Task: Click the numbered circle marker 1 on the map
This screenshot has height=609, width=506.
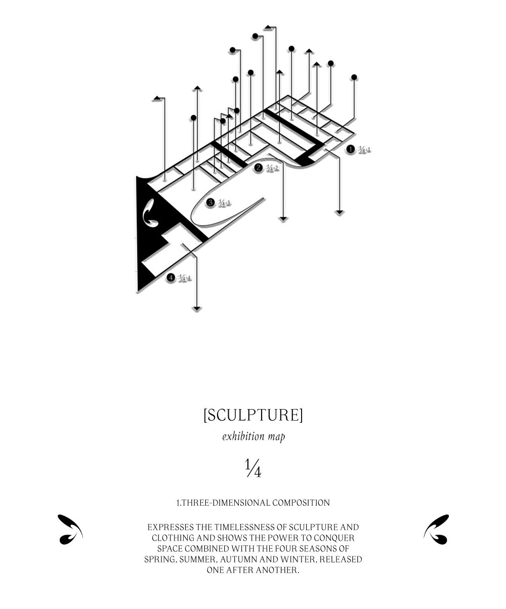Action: (351, 149)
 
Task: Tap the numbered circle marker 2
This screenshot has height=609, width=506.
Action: (259, 168)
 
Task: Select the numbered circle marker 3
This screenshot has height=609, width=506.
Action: (210, 202)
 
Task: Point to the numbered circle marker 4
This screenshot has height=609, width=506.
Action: (171, 277)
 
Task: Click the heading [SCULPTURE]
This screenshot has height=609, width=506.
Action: (253, 415)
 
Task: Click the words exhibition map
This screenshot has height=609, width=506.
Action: (253, 436)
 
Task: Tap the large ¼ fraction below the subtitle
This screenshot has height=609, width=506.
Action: (253, 469)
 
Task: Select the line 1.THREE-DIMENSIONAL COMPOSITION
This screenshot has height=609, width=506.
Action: (253, 503)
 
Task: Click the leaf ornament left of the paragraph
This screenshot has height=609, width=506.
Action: (70, 530)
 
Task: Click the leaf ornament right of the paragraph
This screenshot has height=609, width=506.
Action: (436, 530)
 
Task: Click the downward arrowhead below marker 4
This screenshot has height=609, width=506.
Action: (197, 308)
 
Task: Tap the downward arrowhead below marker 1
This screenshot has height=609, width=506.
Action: (340, 212)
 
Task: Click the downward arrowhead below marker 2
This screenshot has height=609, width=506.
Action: (283, 219)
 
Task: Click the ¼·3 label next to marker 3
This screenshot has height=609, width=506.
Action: (224, 203)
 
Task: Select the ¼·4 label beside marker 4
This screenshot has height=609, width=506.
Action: (185, 278)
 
